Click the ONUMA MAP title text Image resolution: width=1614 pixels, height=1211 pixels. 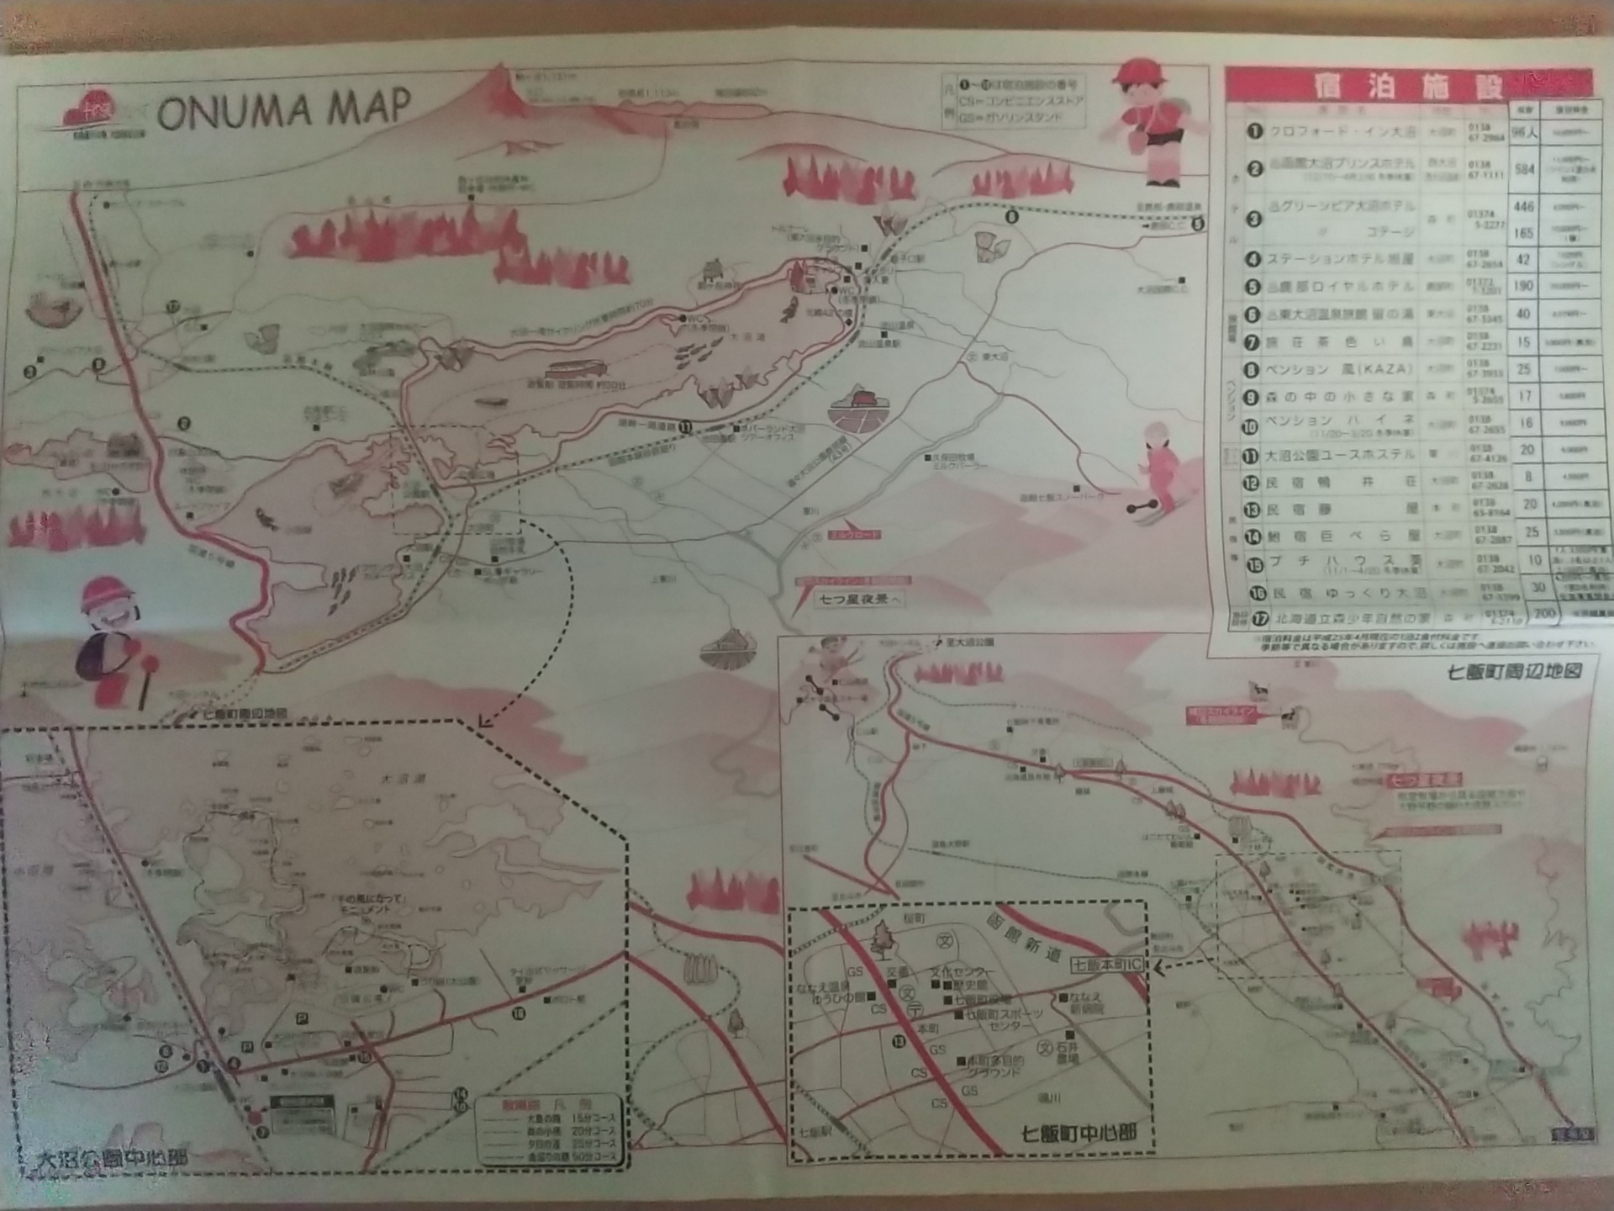coord(283,109)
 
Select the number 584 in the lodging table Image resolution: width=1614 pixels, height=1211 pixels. coord(1524,169)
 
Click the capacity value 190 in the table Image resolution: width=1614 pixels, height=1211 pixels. coord(1523,286)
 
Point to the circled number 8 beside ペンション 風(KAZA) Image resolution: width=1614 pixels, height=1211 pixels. coord(1253,369)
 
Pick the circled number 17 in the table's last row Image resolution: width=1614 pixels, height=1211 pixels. coord(1258,619)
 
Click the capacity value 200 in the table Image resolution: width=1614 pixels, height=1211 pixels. coord(1544,614)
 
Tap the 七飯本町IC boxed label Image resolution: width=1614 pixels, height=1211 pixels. coord(1107,965)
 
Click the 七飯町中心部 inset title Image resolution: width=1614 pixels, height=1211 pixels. coord(1079,1133)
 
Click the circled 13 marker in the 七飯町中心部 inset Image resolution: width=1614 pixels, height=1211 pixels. coord(900,1042)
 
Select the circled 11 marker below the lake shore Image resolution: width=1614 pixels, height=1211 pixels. coord(686,426)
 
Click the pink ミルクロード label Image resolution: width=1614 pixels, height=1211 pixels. coord(853,534)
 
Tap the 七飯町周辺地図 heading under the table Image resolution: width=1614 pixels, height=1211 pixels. coord(1514,671)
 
